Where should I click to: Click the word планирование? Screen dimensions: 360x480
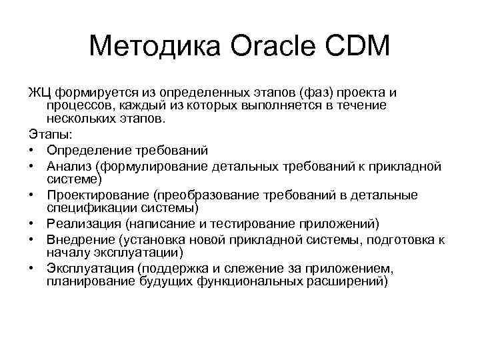[x=87, y=281]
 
